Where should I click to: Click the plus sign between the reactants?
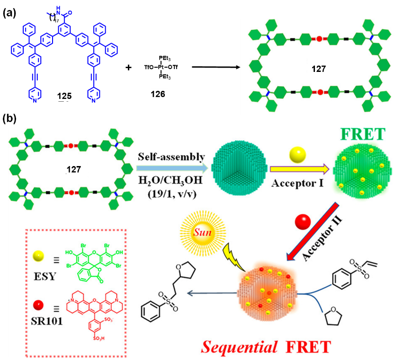coord(128,68)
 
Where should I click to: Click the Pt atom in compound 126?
coord(162,68)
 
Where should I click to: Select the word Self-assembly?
coord(168,157)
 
